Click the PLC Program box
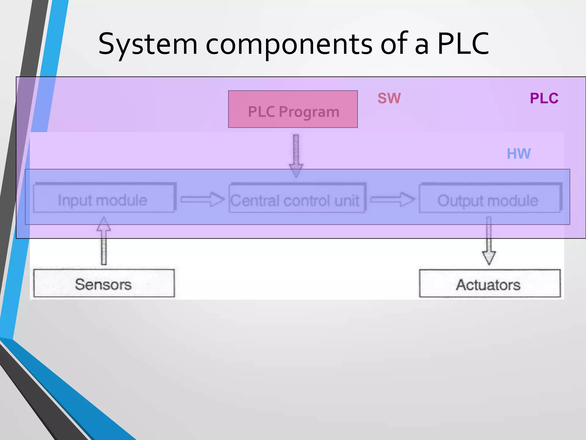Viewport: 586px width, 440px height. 293,109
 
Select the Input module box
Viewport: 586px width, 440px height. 103,198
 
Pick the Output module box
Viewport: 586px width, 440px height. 489,198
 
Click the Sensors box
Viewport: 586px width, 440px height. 104,283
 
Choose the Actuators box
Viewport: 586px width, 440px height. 490,284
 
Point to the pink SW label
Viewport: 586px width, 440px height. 389,98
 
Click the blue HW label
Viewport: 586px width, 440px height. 518,154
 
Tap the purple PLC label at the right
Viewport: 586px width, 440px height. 544,98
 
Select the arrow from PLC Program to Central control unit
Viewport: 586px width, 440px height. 296,155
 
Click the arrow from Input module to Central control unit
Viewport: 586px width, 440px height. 202,199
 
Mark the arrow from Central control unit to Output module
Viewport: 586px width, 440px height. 392,199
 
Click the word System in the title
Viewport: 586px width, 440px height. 148,44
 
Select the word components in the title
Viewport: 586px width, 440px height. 289,44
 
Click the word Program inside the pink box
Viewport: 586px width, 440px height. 309,112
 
